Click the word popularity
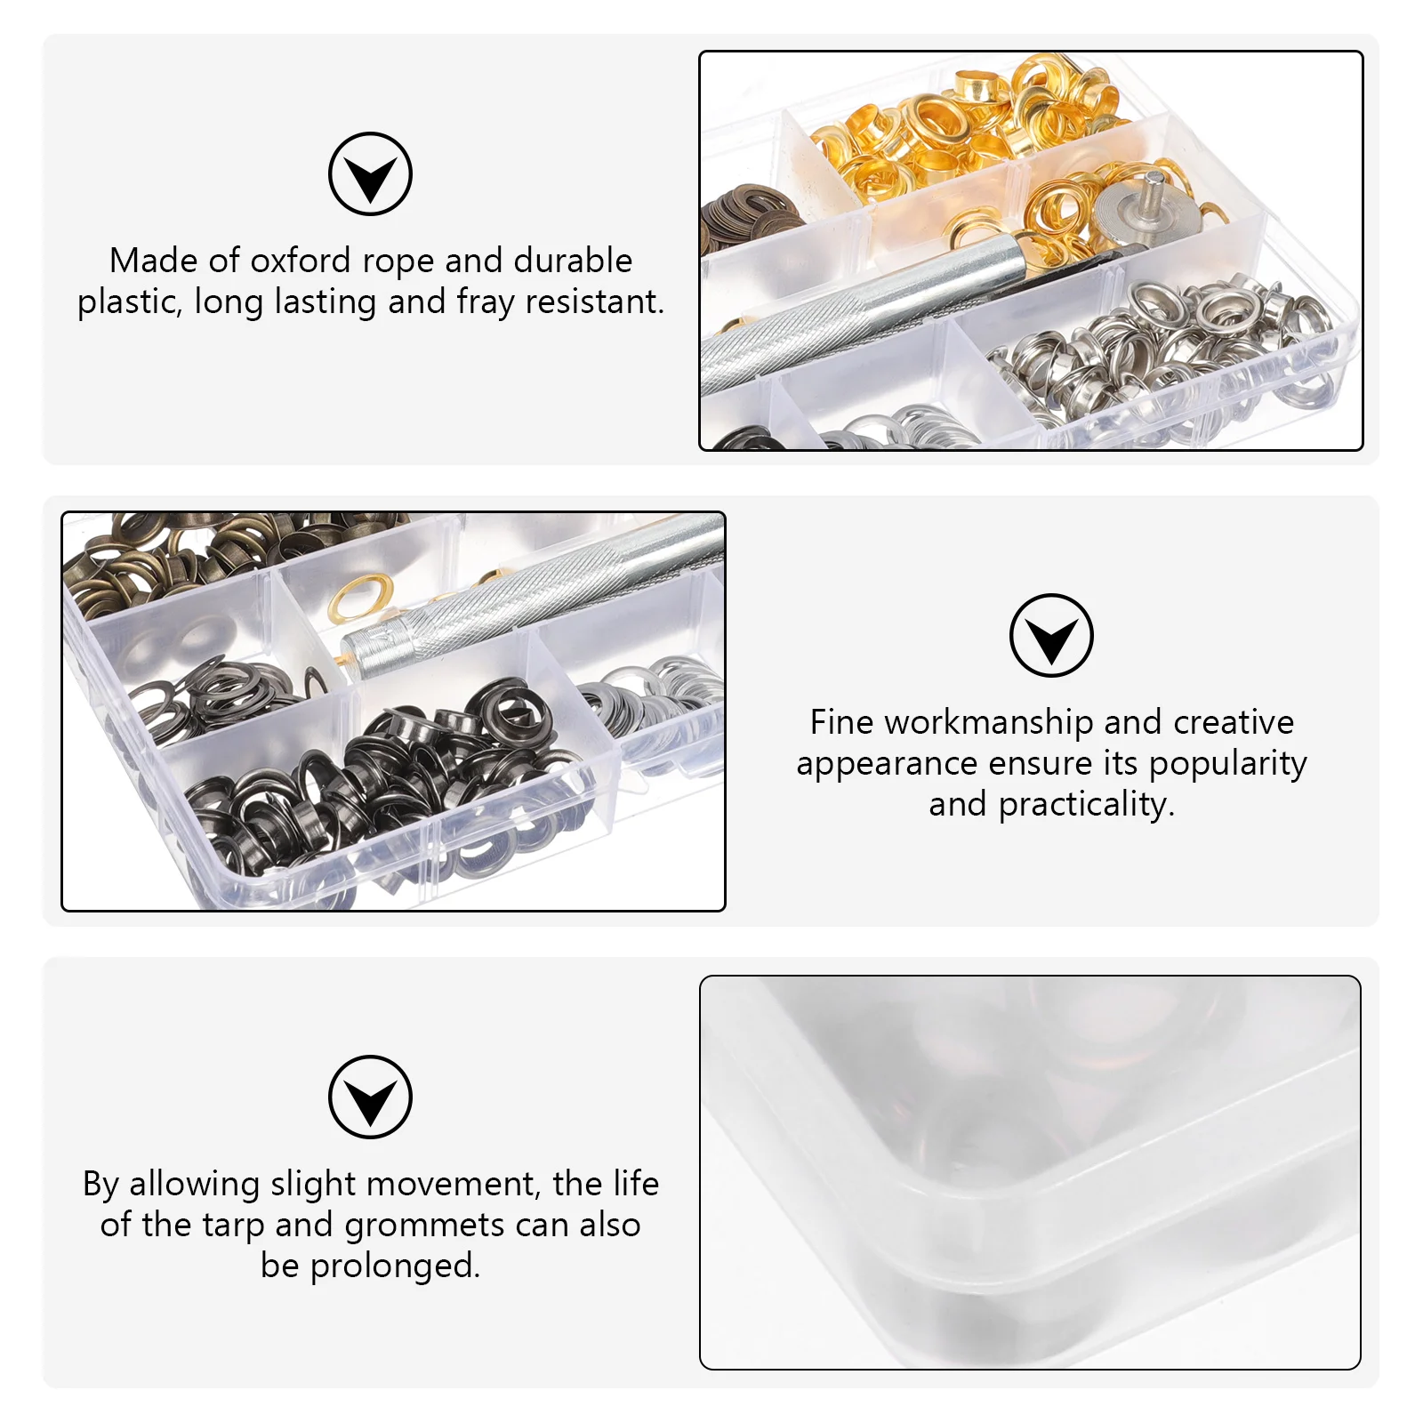click(1228, 764)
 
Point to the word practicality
click(1086, 805)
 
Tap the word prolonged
click(395, 1266)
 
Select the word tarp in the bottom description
click(235, 1226)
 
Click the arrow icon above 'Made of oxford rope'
click(370, 174)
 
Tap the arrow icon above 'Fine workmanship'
click(1051, 636)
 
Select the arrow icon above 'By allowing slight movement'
click(370, 1097)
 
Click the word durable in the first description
click(573, 261)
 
